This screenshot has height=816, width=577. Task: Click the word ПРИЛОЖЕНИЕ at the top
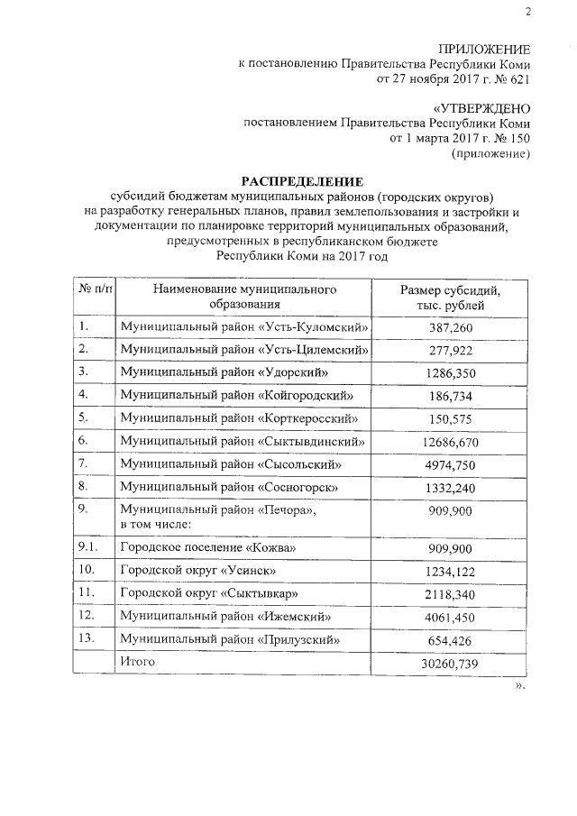(x=483, y=49)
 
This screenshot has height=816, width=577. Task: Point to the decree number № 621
(x=509, y=78)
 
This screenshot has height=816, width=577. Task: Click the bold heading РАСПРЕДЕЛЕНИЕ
(x=301, y=181)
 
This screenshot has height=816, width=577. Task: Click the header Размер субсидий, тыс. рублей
(x=450, y=298)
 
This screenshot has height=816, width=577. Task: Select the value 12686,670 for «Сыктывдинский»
(x=451, y=443)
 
